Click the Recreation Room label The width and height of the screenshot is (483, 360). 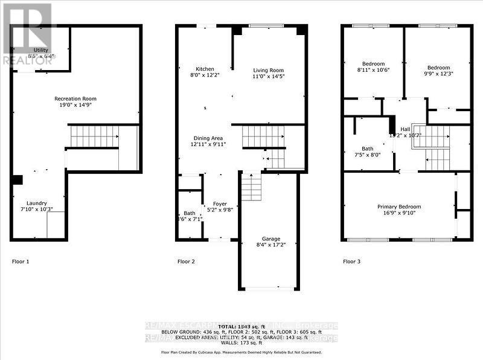(75, 98)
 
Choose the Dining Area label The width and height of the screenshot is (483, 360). (208, 138)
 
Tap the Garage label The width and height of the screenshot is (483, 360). (266, 239)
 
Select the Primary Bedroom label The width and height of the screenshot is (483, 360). (399, 207)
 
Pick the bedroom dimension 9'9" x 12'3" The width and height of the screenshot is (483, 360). (438, 74)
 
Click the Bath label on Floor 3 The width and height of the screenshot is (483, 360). (368, 148)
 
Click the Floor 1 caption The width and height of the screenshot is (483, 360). (21, 262)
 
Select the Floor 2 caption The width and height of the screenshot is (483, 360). (186, 262)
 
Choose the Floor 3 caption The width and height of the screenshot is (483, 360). (351, 262)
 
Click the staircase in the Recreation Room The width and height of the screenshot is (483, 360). (94, 137)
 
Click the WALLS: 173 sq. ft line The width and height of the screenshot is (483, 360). (241, 342)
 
